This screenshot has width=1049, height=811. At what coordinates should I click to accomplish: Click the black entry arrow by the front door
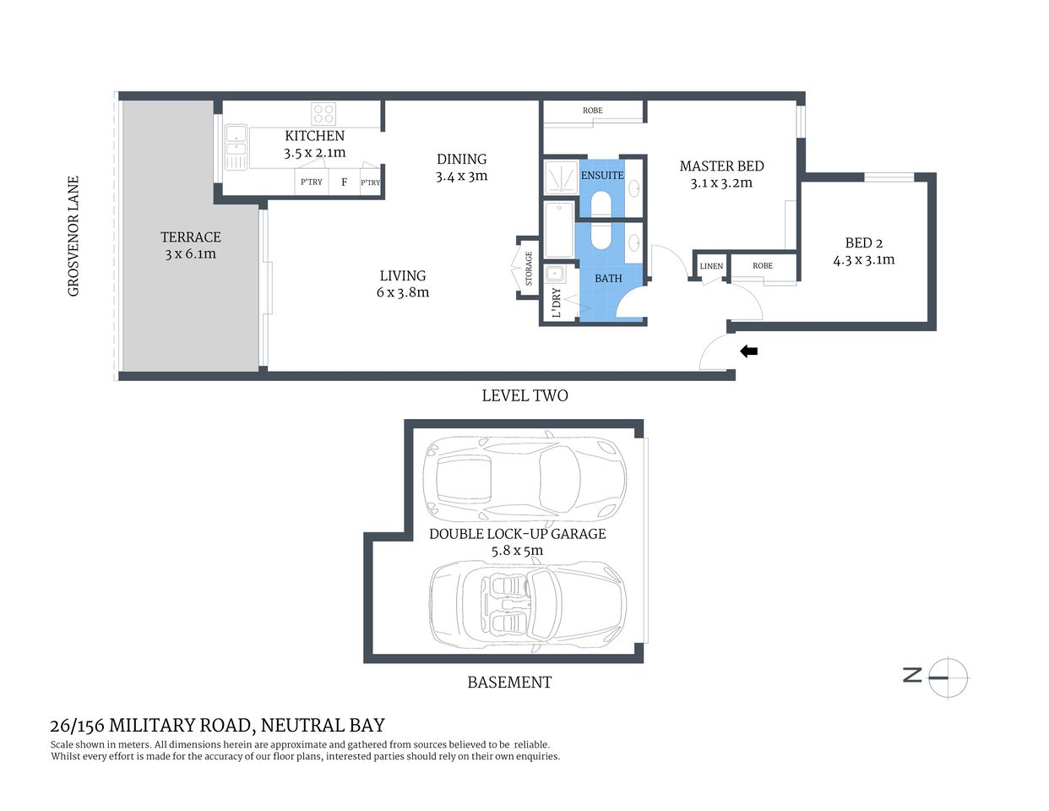748,351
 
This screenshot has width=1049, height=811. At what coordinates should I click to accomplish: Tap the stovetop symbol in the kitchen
323,113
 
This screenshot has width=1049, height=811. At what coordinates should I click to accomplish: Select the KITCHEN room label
314,136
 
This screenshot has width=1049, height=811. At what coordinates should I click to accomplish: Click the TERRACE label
191,237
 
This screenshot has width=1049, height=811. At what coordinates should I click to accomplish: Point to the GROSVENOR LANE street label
73,236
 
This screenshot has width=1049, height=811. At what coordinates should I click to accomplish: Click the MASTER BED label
721,166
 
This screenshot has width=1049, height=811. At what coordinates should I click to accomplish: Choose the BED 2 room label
863,243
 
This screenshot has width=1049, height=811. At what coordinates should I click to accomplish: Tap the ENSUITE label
602,175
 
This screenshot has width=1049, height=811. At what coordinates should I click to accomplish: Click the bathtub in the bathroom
559,230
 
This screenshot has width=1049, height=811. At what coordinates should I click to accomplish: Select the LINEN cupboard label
711,266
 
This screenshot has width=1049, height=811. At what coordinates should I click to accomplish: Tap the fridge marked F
344,182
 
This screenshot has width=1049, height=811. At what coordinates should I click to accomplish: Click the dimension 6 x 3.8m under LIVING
403,293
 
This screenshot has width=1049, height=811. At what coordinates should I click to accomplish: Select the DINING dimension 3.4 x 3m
461,177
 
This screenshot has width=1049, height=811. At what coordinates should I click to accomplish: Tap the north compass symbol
947,677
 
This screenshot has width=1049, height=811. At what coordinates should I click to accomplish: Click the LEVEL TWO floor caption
524,395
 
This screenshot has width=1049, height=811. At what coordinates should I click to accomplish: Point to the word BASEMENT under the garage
509,683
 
